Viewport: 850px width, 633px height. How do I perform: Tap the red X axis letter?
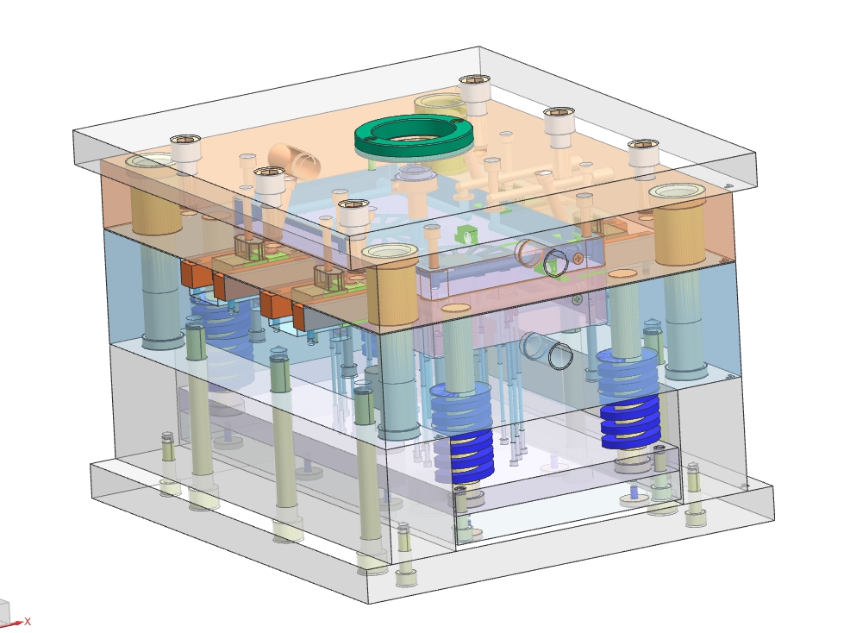click(28, 622)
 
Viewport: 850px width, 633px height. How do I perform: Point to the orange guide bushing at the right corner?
click(678, 224)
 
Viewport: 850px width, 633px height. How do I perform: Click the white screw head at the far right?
click(643, 159)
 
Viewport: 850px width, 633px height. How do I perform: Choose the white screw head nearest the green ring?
click(475, 95)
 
